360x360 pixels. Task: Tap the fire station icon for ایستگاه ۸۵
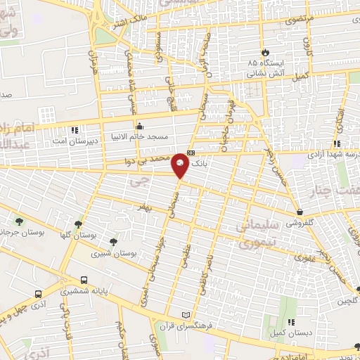pyautogui.click(x=265, y=53)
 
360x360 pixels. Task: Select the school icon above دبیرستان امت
pyautogui.click(x=75, y=129)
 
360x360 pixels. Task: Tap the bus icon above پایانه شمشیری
pyautogui.click(x=84, y=277)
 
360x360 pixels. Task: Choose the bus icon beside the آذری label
pyautogui.click(x=38, y=295)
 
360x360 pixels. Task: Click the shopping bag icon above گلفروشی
pyautogui.click(x=300, y=212)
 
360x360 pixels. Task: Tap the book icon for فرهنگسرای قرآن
pyautogui.click(x=186, y=314)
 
